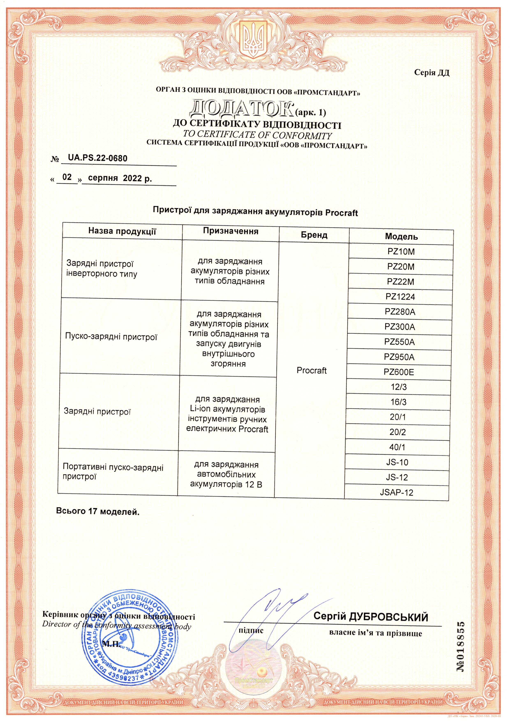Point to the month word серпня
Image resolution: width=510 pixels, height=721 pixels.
[x=103, y=179]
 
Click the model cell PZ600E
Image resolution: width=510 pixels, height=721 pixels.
[x=399, y=372]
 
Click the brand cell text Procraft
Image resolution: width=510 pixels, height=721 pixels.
[x=311, y=371]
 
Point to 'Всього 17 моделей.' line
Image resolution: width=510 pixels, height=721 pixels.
[x=98, y=511]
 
